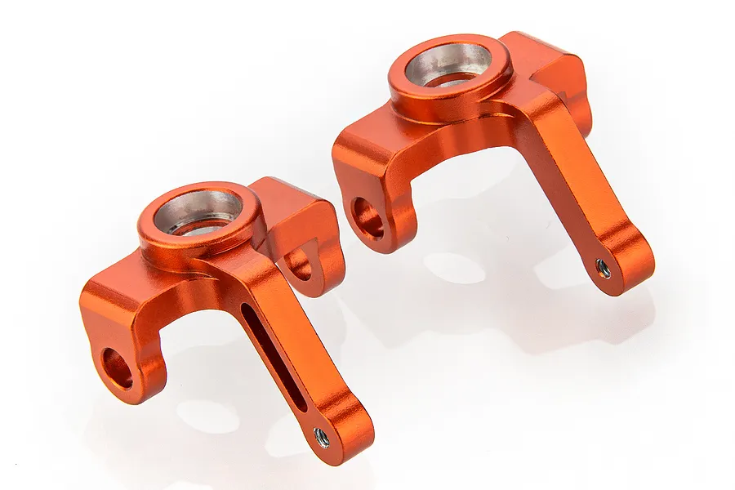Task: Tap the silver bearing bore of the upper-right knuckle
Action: click(x=450, y=65)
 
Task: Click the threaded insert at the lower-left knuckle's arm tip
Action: click(x=323, y=439)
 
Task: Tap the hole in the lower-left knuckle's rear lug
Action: click(x=299, y=264)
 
